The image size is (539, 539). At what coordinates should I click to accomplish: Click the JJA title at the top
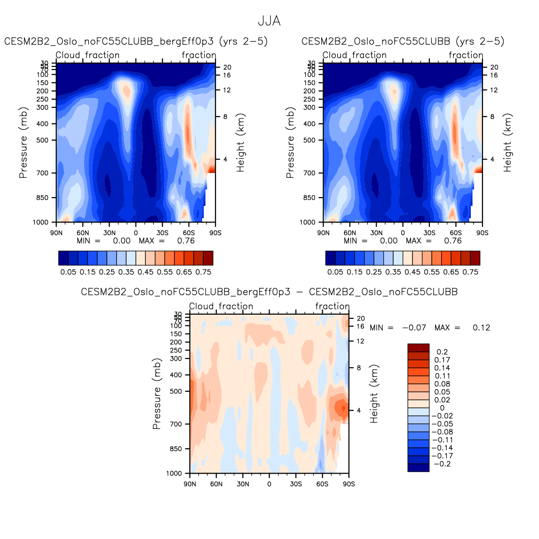point(269,21)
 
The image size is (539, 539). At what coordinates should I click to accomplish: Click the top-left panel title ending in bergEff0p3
point(136,41)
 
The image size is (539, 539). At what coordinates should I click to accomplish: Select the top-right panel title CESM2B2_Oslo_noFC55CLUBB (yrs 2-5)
point(403,41)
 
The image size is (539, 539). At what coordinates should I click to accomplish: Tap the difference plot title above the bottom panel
point(269,292)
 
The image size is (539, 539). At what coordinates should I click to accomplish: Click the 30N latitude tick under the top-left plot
point(109,232)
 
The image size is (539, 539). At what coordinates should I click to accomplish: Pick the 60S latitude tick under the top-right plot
point(456,232)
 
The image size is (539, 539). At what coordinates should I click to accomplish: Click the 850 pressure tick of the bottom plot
point(175,449)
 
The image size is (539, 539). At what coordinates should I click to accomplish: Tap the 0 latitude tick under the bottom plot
point(269,484)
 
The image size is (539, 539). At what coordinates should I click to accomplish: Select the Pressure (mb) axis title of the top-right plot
point(290,143)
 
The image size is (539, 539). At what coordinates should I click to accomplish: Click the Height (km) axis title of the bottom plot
point(374,394)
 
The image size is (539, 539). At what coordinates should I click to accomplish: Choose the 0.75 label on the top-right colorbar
point(470,272)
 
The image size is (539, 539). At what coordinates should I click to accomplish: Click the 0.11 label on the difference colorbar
point(442,376)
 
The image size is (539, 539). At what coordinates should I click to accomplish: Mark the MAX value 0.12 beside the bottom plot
point(481,327)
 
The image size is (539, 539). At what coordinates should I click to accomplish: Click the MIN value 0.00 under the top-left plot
point(122,241)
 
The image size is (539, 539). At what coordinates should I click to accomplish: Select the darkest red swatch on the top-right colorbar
point(475,258)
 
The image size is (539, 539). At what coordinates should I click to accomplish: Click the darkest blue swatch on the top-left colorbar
point(63,258)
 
